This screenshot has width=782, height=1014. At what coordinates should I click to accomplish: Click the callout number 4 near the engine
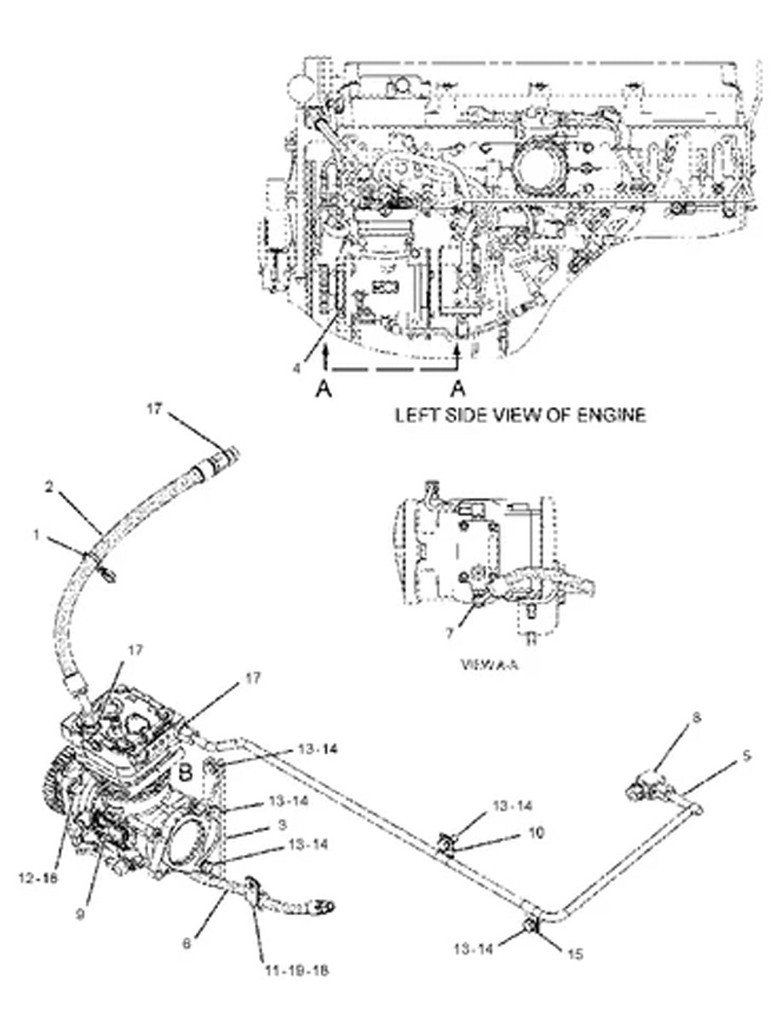[296, 368]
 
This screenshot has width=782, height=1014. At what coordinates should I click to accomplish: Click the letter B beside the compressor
[184, 774]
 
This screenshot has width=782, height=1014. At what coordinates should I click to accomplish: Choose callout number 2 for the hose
[49, 489]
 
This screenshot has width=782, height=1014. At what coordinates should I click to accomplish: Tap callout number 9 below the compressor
[79, 915]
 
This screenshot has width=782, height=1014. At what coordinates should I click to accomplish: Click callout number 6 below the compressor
[186, 942]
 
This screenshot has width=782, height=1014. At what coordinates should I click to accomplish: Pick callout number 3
[281, 824]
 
